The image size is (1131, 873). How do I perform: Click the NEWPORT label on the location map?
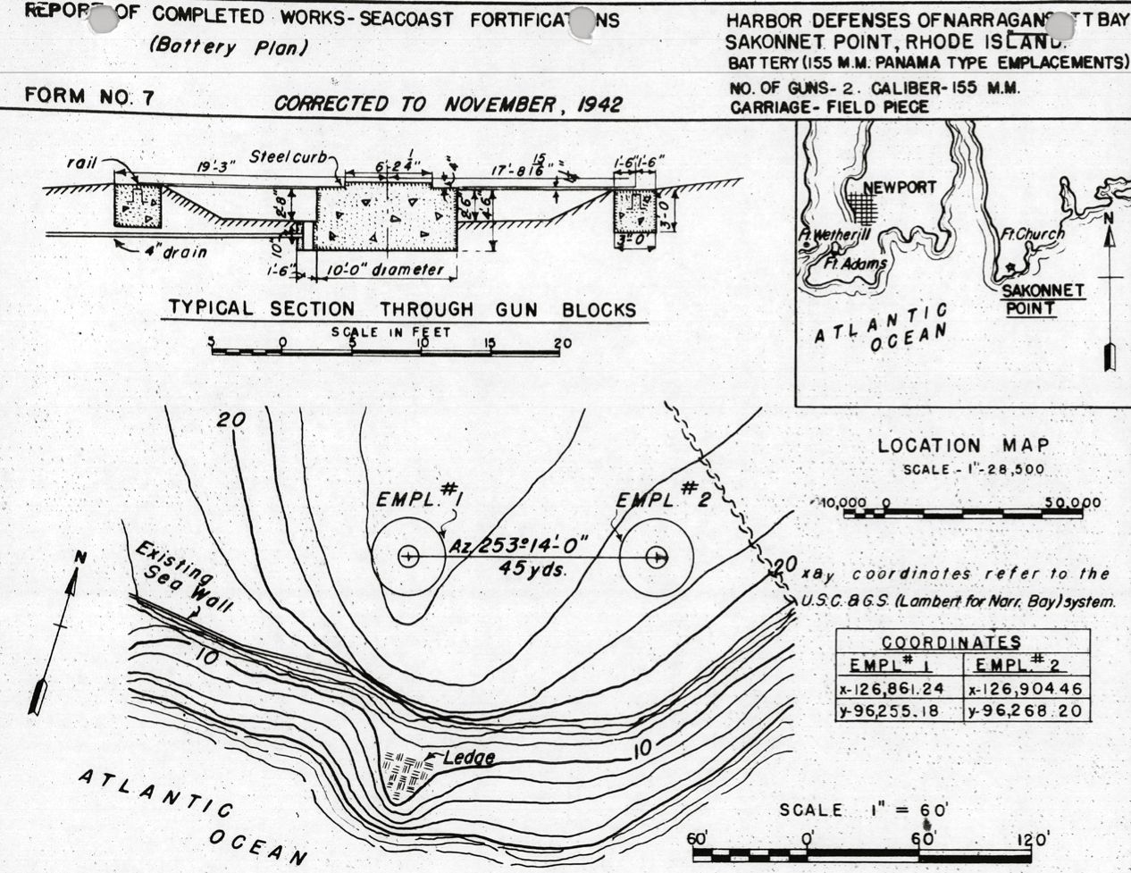[x=900, y=188]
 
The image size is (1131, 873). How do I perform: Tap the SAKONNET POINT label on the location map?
[x=1043, y=299]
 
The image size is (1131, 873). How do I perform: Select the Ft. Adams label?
[x=855, y=264]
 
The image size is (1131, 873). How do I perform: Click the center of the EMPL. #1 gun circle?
[x=408, y=557]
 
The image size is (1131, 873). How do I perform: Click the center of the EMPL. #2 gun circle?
[x=657, y=557]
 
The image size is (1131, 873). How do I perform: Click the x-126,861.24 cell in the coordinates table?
[x=898, y=689]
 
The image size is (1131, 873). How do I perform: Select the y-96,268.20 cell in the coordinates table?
[x=1026, y=712]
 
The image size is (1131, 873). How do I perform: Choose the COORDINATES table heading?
[x=951, y=642]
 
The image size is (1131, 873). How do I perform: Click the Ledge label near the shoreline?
[x=466, y=759]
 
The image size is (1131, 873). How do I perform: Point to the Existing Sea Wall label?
[x=184, y=580]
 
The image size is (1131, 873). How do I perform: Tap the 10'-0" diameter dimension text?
[x=385, y=270]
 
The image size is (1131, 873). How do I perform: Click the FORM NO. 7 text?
[x=89, y=97]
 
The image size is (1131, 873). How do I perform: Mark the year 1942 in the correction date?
[x=599, y=105]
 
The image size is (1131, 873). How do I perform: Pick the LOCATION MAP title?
[x=963, y=445]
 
